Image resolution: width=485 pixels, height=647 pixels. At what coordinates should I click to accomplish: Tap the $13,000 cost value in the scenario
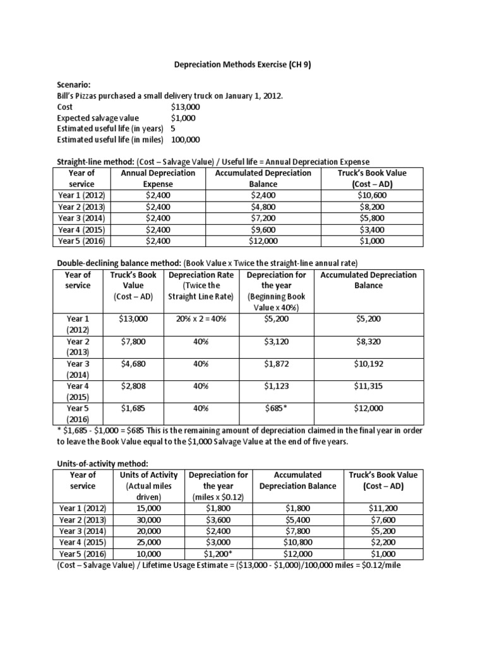pos(185,107)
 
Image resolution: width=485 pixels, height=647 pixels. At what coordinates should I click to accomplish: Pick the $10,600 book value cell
pos(372,195)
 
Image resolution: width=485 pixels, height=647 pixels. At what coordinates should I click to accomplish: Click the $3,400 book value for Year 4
pos(372,229)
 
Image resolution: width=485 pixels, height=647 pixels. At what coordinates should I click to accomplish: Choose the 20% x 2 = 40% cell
pos(200,319)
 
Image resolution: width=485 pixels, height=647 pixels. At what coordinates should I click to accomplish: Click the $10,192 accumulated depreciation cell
pos(368,365)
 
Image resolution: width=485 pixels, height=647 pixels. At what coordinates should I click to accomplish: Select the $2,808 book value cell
pos(133,386)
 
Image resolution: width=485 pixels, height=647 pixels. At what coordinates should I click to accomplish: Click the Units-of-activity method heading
pos(100,464)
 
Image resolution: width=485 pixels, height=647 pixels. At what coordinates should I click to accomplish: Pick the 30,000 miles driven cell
pos(144,519)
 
